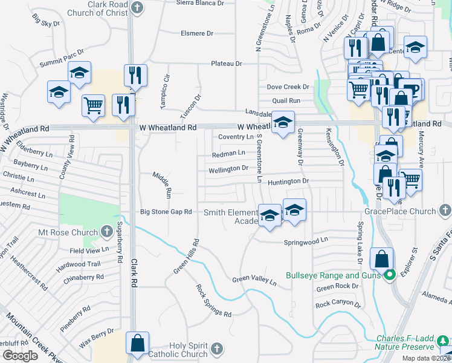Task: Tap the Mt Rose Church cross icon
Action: click(x=106, y=232)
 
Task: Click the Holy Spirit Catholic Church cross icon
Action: click(x=217, y=349)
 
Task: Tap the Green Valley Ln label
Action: click(x=254, y=281)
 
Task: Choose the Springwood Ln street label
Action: click(x=306, y=241)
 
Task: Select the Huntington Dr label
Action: click(x=288, y=181)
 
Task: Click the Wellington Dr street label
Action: click(x=228, y=169)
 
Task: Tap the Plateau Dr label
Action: click(x=227, y=64)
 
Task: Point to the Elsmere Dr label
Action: click(x=198, y=33)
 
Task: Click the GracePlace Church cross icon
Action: click(x=445, y=211)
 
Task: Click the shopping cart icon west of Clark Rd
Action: click(x=93, y=105)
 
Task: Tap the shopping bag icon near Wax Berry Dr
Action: click(x=138, y=342)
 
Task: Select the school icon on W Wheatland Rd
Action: click(x=283, y=122)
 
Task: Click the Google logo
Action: click(x=20, y=356)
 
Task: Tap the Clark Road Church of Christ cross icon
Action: click(x=138, y=8)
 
